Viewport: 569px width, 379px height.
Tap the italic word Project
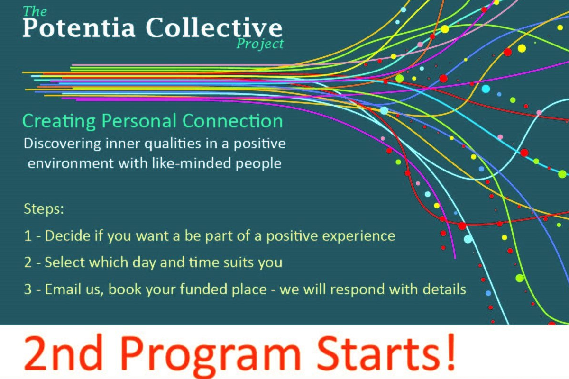(260, 45)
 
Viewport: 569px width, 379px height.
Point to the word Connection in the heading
(232, 121)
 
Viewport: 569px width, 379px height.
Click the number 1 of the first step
(28, 236)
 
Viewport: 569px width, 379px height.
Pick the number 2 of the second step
(28, 262)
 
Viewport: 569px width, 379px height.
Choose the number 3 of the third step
(28, 289)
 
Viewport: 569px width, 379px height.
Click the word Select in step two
(65, 262)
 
